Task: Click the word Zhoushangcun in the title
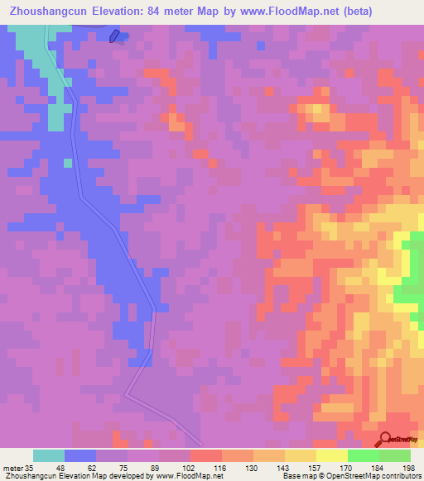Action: click(52, 12)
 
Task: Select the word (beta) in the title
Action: click(353, 12)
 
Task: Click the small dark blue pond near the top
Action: click(114, 36)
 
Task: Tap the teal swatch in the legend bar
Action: click(49, 455)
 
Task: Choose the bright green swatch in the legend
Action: click(363, 455)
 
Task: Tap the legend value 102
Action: click(190, 467)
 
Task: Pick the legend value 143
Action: click(284, 467)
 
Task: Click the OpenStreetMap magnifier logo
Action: click(385, 439)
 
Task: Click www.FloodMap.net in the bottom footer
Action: click(185, 476)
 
